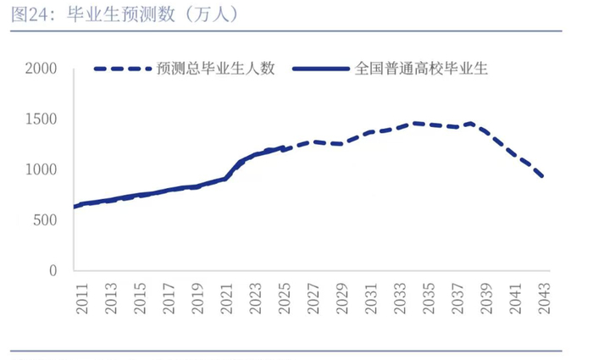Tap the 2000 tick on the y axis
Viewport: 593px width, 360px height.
click(40, 69)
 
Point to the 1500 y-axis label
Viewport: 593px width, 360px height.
click(40, 119)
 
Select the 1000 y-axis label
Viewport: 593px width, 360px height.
click(40, 170)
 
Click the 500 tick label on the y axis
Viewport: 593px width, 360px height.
click(44, 220)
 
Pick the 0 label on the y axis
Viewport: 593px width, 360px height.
click(53, 271)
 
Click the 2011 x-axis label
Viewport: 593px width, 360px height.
click(82, 299)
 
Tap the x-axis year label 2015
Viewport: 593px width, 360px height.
click(140, 299)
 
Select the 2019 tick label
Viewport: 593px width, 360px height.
click(197, 299)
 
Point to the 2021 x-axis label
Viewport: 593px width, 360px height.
click(226, 299)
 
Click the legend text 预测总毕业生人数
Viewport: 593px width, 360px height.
click(216, 69)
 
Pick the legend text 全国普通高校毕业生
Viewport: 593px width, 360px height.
click(421, 69)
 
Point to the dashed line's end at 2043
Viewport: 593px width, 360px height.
click(543, 177)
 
